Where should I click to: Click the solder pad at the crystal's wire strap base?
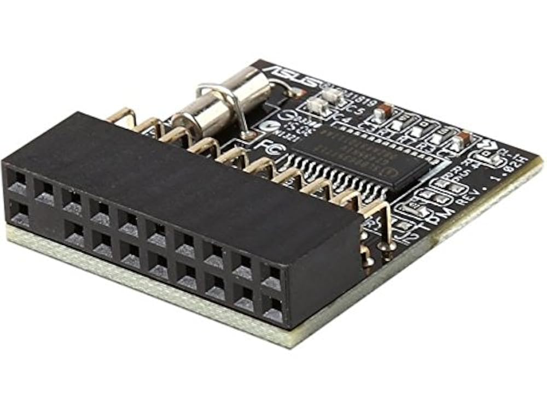point(249,133)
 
